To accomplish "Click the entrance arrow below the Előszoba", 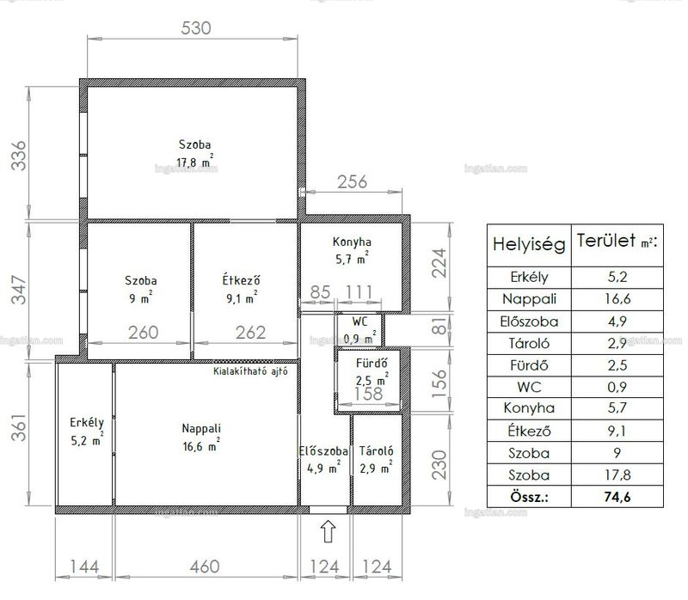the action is point(329,531).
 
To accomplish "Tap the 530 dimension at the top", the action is point(196,28).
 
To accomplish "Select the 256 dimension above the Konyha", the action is point(352,181).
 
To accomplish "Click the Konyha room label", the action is point(352,242).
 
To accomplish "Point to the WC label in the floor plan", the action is point(359,321).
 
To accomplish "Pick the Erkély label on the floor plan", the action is point(87,423).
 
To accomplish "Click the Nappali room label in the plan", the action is point(201,428).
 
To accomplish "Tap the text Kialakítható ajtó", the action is point(250,371).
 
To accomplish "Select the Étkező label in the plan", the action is point(241,280).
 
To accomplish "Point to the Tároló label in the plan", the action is point(376,450).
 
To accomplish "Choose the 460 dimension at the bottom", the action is point(205,566).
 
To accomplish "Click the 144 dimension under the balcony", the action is point(84,566).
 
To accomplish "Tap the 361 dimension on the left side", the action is point(19,427).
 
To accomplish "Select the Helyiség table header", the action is point(529,244).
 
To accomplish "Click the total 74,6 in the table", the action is point(617,497).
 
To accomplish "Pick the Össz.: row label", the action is point(529,497).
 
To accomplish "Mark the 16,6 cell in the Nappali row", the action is point(617,299).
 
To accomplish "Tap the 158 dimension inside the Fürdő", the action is point(369,394).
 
